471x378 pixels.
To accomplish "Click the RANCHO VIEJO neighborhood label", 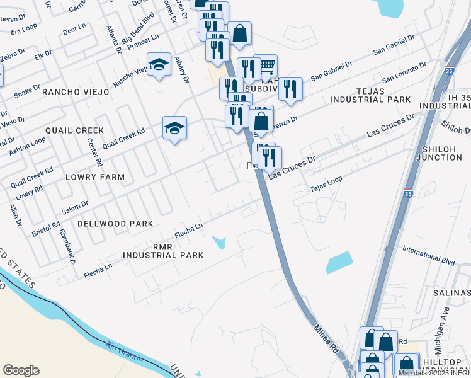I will click(75, 92).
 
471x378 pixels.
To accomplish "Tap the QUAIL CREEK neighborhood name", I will click(74, 130).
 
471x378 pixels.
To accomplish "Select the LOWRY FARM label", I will click(95, 177).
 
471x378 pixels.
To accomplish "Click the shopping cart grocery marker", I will click(266, 66).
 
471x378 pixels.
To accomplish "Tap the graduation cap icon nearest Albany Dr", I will click(160, 64).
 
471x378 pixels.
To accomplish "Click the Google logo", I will click(21, 370).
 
